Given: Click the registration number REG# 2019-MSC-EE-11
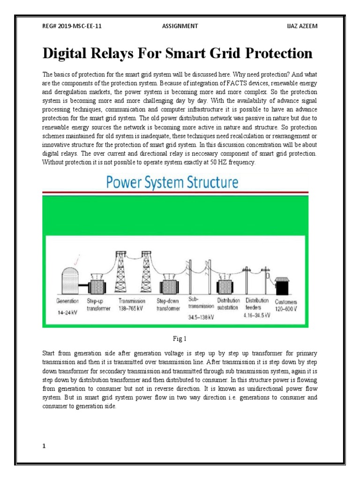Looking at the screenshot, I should click(72, 26).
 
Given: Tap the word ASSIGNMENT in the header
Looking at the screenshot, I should click(179, 26).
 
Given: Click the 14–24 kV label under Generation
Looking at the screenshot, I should click(67, 312).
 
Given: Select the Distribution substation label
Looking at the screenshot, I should click(229, 304).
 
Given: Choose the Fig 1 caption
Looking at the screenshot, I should click(180, 338).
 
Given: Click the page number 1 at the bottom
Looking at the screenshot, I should click(44, 433).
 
